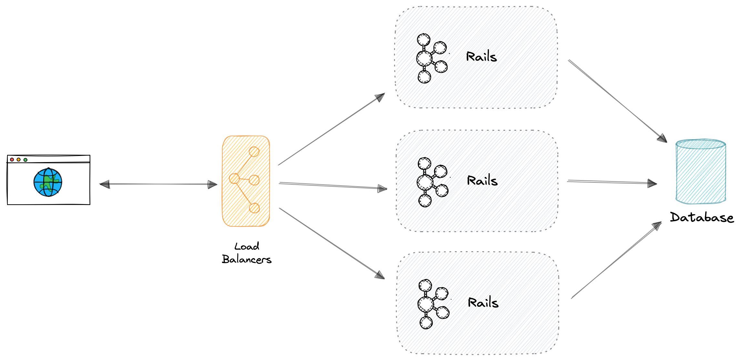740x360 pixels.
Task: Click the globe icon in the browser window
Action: click(48, 182)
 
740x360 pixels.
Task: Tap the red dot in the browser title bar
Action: click(12, 159)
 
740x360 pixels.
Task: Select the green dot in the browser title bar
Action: click(25, 160)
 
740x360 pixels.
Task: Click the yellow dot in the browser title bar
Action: click(19, 159)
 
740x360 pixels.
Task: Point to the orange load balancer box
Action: click(246, 181)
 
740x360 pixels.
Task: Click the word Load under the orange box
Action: click(247, 246)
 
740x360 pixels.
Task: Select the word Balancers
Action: click(247, 259)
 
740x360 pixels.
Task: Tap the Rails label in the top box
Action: click(481, 57)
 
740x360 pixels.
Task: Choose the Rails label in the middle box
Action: click(482, 180)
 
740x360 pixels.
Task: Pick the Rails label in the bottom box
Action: click(483, 303)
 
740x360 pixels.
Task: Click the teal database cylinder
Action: click(701, 171)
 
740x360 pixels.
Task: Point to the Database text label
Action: click(702, 217)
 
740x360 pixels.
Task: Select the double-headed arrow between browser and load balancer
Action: click(158, 184)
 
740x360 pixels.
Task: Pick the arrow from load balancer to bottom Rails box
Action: click(332, 243)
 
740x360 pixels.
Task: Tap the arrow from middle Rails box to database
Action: click(612, 182)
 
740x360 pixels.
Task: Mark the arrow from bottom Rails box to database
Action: click(616, 260)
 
